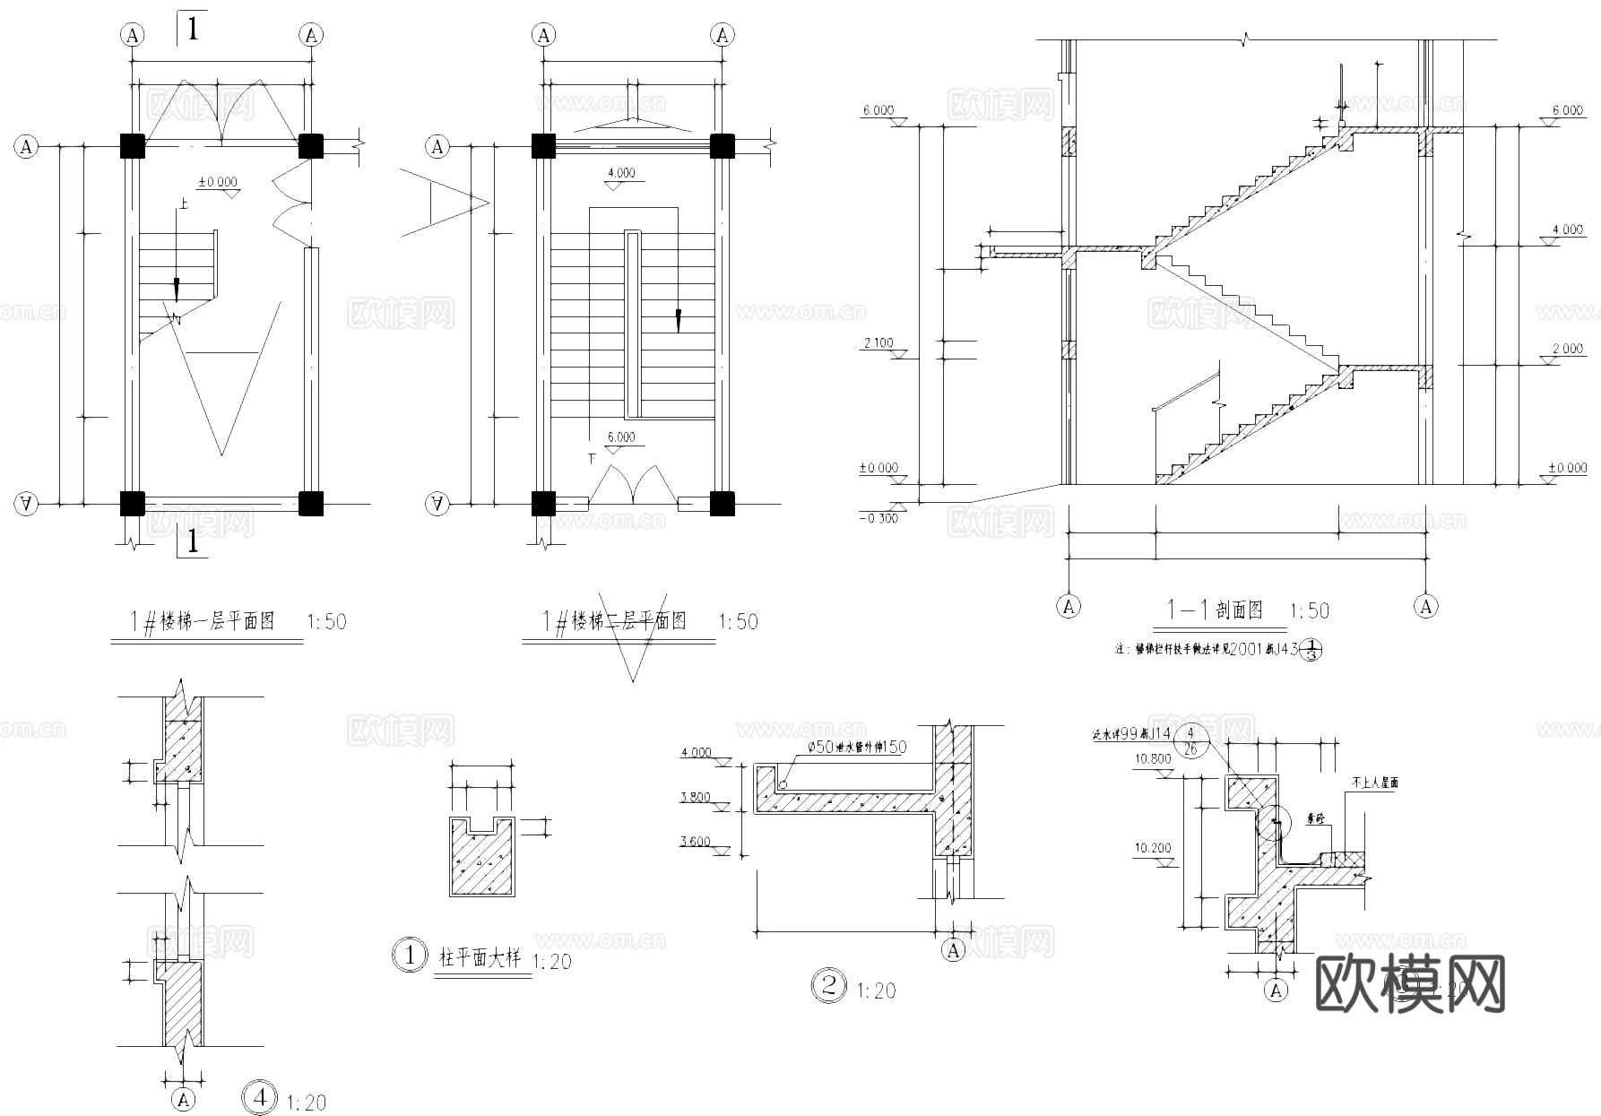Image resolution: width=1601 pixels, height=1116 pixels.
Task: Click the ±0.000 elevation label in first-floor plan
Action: click(218, 182)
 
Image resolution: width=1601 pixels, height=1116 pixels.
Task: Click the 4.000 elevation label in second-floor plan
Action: click(621, 173)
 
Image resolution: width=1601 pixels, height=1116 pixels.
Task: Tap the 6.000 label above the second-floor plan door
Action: click(621, 437)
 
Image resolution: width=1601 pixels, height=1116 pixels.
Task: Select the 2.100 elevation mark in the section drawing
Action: click(878, 342)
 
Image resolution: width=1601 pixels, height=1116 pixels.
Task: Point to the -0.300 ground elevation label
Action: click(878, 518)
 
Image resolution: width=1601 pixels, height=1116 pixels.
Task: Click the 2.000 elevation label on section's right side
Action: click(1567, 349)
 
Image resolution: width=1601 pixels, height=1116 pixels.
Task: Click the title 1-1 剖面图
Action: click(1214, 610)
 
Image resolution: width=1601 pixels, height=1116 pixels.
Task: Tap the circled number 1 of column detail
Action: click(411, 956)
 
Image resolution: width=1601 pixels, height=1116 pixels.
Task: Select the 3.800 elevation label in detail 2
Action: click(696, 797)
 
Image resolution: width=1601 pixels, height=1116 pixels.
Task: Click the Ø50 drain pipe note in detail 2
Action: click(857, 748)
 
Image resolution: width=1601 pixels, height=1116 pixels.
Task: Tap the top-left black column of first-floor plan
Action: click(133, 146)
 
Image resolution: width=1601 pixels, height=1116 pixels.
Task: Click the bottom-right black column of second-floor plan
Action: click(722, 504)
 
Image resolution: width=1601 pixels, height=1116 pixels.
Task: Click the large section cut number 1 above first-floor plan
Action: click(192, 28)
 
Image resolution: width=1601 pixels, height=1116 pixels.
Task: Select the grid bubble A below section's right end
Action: click(1426, 607)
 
